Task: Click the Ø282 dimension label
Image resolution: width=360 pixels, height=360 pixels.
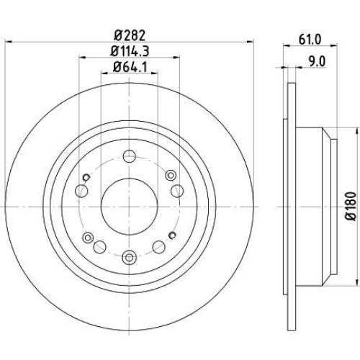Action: tap(130, 35)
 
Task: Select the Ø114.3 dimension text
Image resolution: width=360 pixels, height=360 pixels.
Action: tap(130, 51)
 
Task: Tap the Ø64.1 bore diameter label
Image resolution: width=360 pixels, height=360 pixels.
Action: tap(130, 67)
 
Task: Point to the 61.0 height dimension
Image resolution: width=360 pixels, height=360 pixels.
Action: tap(310, 40)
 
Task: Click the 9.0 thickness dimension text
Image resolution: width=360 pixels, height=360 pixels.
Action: tap(317, 62)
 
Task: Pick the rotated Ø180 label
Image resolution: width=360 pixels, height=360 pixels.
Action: tap(351, 206)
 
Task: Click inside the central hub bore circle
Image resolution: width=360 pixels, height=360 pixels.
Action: tap(130, 206)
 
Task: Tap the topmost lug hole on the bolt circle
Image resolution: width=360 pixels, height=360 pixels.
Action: tap(130, 156)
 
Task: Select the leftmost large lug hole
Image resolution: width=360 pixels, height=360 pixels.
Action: tap(81, 191)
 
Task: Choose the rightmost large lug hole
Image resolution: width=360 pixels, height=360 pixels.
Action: tap(177, 191)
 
